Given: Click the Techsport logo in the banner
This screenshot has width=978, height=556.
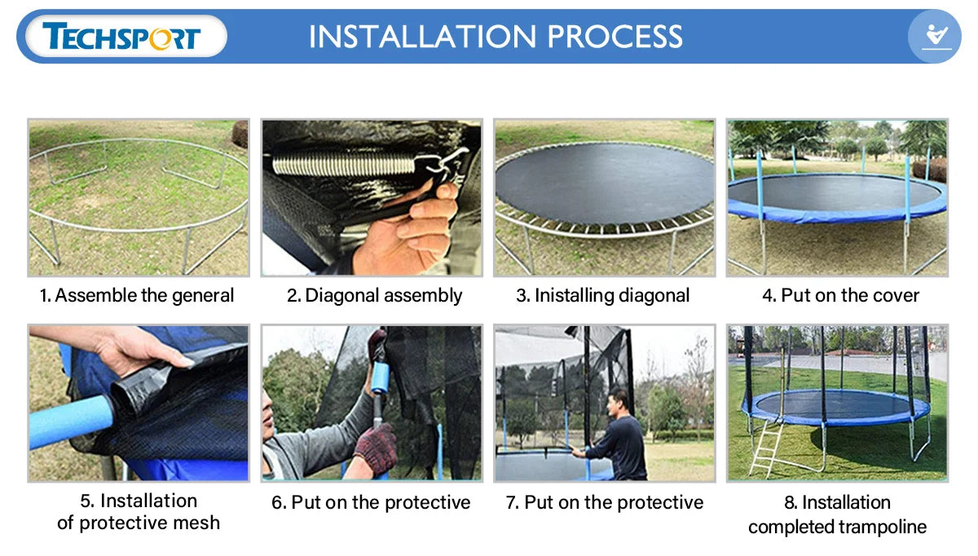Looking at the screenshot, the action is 121,36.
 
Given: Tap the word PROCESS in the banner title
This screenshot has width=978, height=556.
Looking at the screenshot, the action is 615,36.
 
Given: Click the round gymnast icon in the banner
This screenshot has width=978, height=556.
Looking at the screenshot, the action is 934,36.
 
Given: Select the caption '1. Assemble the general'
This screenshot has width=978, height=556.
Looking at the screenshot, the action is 137,296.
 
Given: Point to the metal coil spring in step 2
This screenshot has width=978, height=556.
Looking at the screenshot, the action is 343,165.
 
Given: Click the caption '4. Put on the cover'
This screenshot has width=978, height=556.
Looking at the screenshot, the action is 840,296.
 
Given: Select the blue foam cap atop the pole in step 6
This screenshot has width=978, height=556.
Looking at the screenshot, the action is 380,377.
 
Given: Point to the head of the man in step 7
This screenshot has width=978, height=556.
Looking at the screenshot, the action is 619,403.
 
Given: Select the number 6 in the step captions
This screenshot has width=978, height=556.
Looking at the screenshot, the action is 279,503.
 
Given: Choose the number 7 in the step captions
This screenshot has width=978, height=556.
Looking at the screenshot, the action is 512,503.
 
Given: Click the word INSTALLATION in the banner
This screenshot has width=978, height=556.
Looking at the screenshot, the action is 422,36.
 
